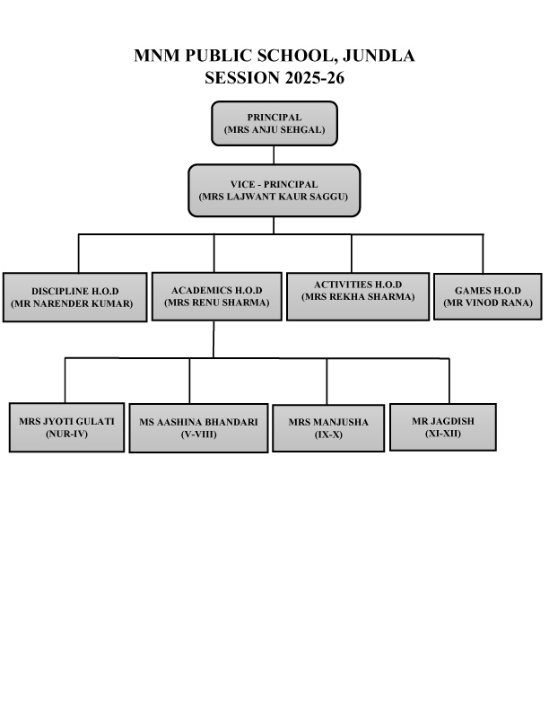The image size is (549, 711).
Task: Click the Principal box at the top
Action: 274,123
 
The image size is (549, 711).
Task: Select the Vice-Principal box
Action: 274,190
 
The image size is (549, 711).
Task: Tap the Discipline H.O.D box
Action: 74,297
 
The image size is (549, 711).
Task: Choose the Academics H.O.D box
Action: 216,296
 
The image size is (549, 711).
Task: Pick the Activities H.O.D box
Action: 358,296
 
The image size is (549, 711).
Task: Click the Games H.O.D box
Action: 488,296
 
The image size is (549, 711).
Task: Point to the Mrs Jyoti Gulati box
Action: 66,427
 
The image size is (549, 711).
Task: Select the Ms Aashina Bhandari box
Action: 198,428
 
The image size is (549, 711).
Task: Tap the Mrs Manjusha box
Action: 328,428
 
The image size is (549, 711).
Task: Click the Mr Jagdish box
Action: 443,427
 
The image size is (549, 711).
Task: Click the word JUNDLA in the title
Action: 379,56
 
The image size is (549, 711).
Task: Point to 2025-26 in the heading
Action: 314,78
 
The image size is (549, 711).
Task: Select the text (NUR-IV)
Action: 66,434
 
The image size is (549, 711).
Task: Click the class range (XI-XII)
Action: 443,434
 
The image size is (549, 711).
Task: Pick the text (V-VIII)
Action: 199,434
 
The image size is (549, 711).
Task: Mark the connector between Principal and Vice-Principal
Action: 274,155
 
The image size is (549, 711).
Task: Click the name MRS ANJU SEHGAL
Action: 274,129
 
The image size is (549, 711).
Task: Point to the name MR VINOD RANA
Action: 488,303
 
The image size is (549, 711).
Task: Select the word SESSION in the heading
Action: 242,78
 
